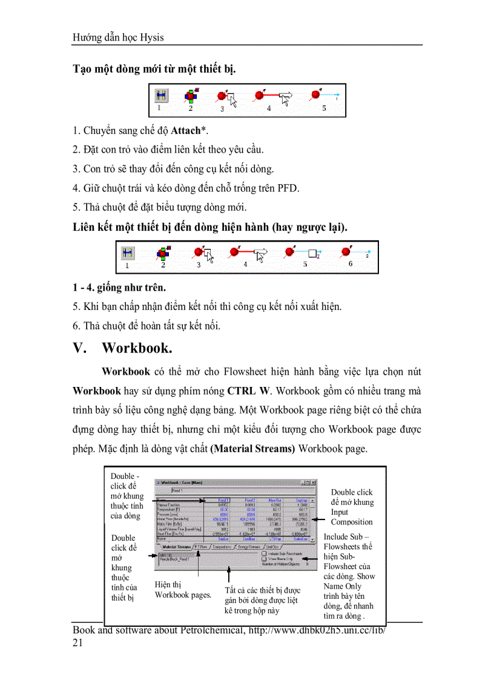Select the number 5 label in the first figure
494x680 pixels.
click(324, 108)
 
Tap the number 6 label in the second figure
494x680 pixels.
click(351, 263)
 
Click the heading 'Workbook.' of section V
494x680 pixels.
click(137, 348)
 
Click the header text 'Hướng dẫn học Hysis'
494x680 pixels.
click(118, 38)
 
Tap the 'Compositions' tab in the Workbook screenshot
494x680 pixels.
click(225, 547)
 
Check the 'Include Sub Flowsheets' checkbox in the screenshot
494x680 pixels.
click(265, 552)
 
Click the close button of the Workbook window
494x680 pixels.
click(314, 483)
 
